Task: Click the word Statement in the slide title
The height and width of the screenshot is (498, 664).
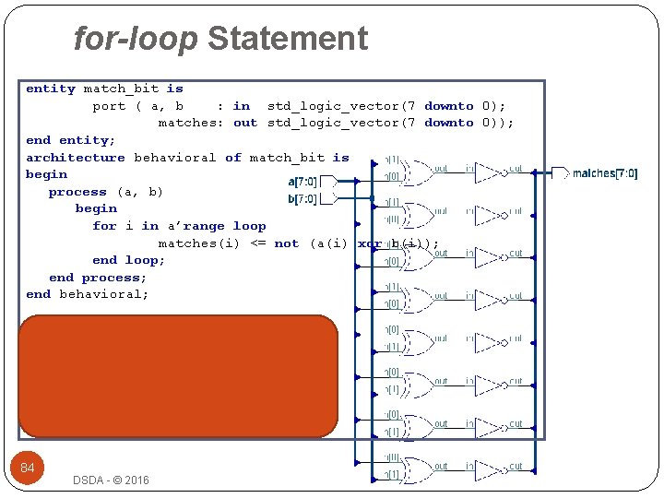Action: click(288, 39)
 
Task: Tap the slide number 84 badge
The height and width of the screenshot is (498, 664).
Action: click(28, 468)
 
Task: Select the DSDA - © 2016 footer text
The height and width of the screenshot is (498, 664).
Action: click(111, 480)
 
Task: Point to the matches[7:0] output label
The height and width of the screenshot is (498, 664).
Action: click(604, 173)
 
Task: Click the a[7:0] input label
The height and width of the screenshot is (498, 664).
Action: click(303, 181)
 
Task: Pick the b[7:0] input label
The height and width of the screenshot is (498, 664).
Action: click(303, 198)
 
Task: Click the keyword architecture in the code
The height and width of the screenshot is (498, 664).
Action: click(76, 158)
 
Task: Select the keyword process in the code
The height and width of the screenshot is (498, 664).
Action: click(77, 192)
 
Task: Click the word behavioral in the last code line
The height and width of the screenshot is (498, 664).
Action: click(103, 294)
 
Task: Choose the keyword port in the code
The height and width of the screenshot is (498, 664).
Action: click(109, 106)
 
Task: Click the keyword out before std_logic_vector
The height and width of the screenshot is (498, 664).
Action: click(245, 123)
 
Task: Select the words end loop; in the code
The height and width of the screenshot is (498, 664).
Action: click(129, 260)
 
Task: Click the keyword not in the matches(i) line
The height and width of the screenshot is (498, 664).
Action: click(287, 243)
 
